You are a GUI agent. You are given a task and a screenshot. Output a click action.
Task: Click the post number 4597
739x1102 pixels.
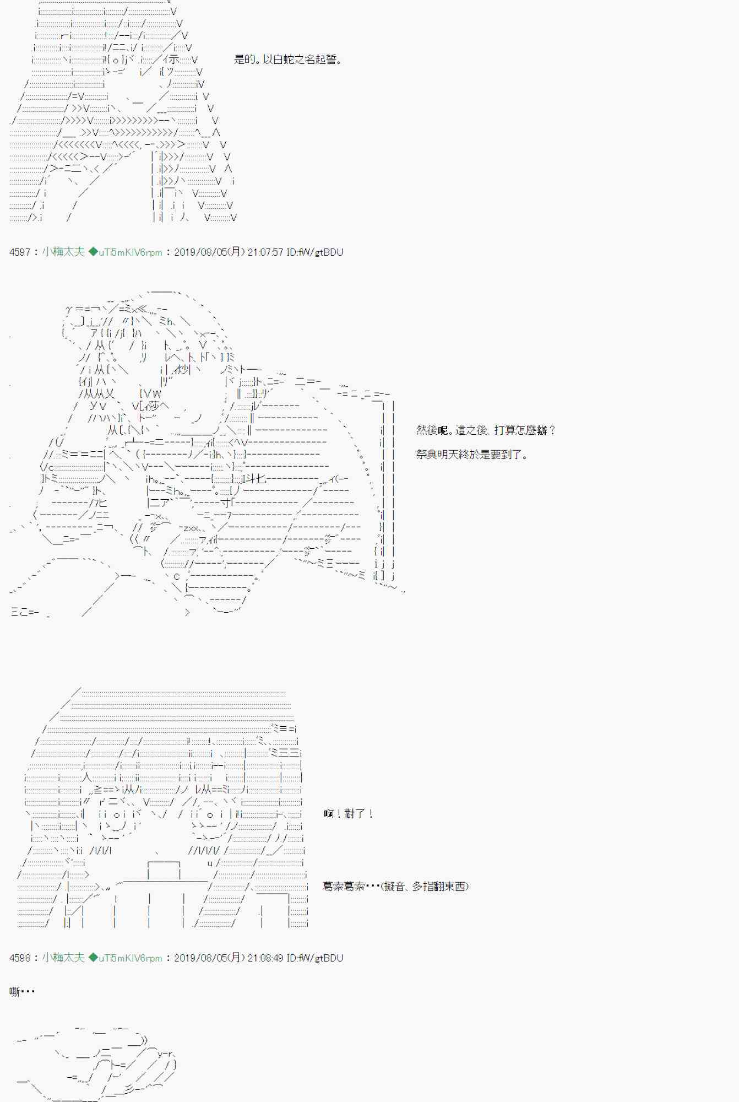tap(20, 252)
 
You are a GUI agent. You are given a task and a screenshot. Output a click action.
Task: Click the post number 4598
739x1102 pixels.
tap(20, 958)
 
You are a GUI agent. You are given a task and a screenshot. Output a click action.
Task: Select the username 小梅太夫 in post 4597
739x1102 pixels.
tap(63, 252)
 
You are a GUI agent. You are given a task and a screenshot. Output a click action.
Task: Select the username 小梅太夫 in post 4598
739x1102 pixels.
tap(63, 958)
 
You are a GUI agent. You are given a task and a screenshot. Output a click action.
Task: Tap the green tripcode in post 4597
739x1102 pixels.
tap(126, 252)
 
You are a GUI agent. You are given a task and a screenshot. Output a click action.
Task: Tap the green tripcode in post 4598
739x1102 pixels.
tap(126, 958)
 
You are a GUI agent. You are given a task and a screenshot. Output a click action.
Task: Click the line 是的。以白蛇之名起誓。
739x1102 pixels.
tap(287, 60)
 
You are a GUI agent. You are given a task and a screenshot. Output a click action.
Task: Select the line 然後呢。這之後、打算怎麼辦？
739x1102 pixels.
tap(486, 430)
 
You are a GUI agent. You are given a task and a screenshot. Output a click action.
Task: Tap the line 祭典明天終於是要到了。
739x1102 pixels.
tap(472, 455)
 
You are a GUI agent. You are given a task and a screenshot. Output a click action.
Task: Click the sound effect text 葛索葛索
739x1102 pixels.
tap(344, 887)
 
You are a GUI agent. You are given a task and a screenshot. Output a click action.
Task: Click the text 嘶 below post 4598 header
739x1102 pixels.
tap(15, 992)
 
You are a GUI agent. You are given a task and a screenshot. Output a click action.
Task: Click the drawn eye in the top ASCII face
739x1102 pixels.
tap(115, 60)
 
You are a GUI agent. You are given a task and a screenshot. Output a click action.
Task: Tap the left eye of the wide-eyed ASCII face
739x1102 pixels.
tap(116, 814)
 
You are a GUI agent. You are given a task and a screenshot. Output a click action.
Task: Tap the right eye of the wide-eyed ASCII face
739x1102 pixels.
tap(210, 814)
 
